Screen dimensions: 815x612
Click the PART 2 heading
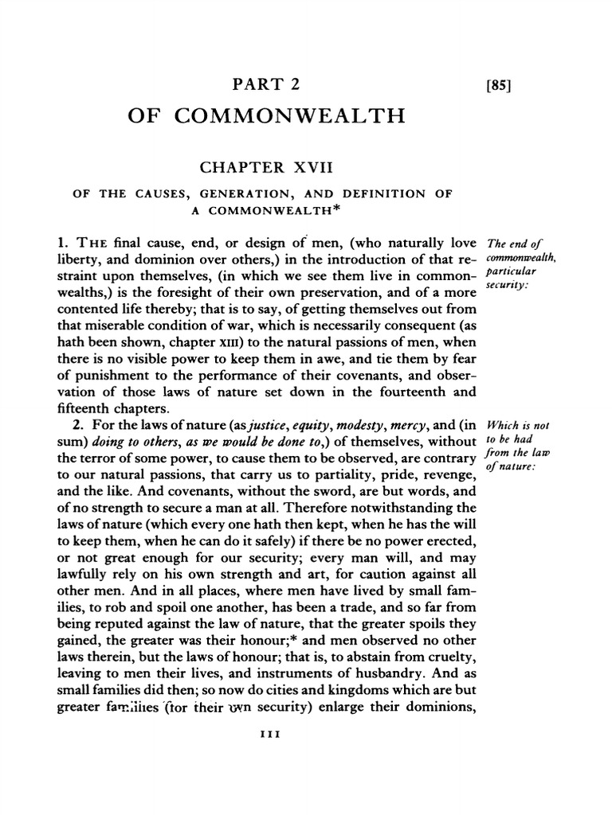coord(266,84)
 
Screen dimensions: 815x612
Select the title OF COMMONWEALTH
coord(266,118)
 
